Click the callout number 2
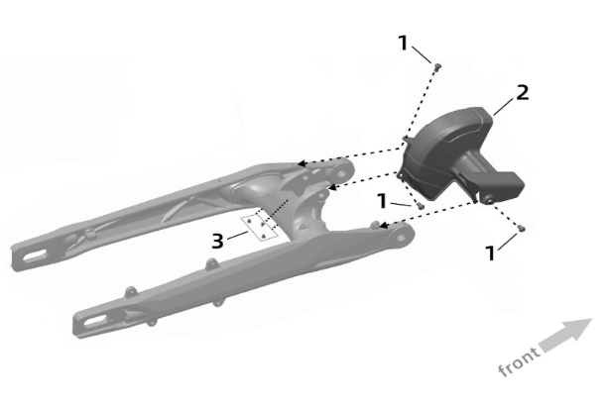(x=523, y=93)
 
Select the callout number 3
(x=217, y=241)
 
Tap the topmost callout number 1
(x=404, y=43)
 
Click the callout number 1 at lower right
(x=491, y=253)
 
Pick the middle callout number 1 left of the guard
(x=383, y=201)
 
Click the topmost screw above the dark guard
(x=437, y=67)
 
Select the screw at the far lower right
(x=522, y=228)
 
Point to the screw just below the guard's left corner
(x=420, y=205)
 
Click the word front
(x=519, y=361)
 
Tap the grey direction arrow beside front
(x=566, y=335)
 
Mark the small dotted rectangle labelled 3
(x=260, y=227)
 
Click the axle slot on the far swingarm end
(x=35, y=256)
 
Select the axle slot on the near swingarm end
(x=94, y=321)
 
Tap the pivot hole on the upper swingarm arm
(x=341, y=173)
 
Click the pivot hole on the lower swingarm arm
(x=401, y=239)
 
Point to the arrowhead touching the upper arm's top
(x=301, y=163)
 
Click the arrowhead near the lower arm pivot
(x=383, y=226)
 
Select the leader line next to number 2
(x=504, y=106)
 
